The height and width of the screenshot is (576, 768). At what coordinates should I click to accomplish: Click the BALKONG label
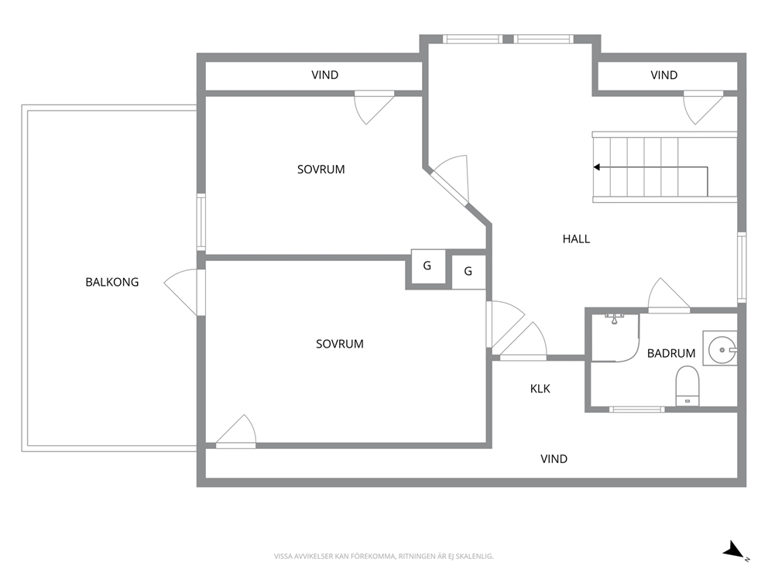(x=112, y=282)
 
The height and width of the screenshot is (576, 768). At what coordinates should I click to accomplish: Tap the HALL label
(x=576, y=239)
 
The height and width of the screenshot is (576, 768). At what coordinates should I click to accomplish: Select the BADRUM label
(x=671, y=353)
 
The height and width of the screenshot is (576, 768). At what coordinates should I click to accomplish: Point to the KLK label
(x=540, y=389)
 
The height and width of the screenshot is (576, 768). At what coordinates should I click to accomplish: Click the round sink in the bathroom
(x=722, y=350)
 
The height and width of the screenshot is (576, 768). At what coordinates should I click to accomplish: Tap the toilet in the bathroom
(x=687, y=387)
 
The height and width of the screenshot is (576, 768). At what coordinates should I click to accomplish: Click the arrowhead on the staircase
(x=597, y=167)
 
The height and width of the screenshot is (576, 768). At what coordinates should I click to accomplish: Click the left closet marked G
(x=427, y=266)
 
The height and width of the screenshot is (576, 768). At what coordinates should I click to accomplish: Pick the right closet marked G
(x=468, y=271)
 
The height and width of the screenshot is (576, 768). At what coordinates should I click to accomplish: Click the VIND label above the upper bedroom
(x=324, y=75)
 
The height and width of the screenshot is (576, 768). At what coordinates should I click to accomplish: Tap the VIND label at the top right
(x=664, y=75)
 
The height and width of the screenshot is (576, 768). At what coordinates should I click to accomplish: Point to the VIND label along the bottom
(x=554, y=459)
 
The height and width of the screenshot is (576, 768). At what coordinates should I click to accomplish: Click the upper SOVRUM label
(x=321, y=170)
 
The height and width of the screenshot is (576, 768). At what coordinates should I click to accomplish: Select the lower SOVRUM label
(x=339, y=344)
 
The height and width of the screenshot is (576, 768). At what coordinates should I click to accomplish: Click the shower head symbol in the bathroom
(x=614, y=319)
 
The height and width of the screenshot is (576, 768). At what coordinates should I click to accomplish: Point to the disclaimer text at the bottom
(x=383, y=557)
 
